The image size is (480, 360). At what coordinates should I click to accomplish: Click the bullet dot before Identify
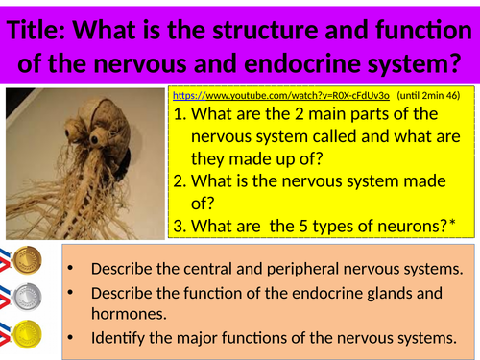[x=75, y=338]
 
